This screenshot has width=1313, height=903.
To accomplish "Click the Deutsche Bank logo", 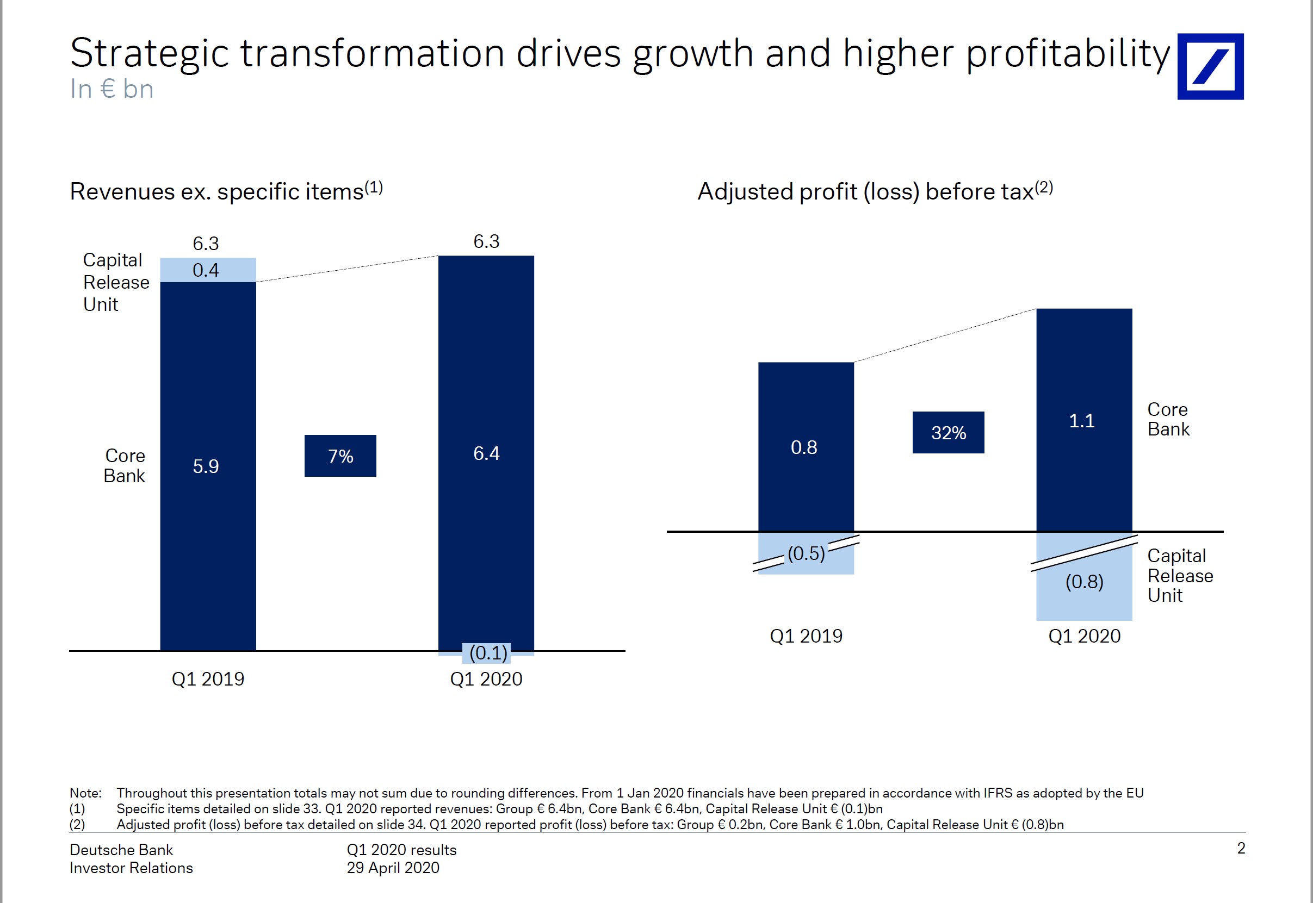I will [x=1210, y=67].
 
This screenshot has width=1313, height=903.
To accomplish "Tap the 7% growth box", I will [x=340, y=456].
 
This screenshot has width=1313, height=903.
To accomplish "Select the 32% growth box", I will [x=948, y=433].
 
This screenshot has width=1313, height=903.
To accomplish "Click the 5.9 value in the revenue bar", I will [x=206, y=466].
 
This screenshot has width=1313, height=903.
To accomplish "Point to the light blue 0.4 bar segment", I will [x=208, y=270].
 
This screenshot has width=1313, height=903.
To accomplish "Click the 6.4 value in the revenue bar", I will [x=486, y=453].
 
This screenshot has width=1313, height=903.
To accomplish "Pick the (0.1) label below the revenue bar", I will [x=488, y=653].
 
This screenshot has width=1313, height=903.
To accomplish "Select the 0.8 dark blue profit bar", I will [x=806, y=447].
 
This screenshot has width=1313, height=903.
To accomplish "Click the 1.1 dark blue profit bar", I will [x=1083, y=420].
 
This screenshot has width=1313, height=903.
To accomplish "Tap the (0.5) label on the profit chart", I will [x=806, y=553].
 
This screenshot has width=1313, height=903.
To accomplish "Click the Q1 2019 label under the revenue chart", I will [x=208, y=679].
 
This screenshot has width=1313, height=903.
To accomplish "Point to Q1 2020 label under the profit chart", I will [x=1084, y=636].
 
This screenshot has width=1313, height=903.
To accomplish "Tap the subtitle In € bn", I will [x=112, y=89].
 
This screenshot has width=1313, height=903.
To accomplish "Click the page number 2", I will [x=1241, y=848].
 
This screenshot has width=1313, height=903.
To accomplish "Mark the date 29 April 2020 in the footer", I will [x=393, y=867].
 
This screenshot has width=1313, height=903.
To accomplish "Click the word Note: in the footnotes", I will [x=85, y=793].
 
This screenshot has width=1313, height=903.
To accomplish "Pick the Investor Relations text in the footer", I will [x=131, y=868].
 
